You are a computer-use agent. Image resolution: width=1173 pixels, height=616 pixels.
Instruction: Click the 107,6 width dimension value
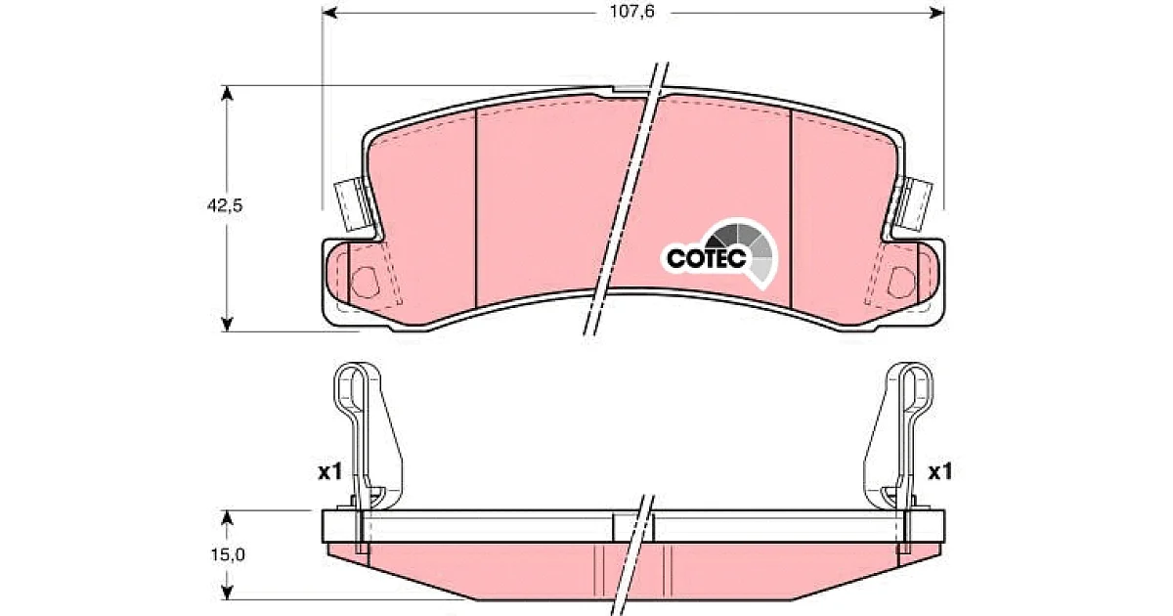point(632,12)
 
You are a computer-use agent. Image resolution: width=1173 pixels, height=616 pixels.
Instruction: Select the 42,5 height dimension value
point(225,206)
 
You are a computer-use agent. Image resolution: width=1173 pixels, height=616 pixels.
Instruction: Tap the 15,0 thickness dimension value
point(228,554)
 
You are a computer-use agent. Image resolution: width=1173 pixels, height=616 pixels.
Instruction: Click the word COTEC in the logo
point(707,258)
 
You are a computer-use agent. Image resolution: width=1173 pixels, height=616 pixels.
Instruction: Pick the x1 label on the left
point(330,472)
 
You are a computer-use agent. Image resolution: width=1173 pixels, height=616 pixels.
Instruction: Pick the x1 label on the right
point(940,472)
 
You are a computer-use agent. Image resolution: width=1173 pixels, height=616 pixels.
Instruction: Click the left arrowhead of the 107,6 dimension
point(330,12)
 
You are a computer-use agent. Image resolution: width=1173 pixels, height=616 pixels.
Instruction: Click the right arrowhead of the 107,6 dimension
point(935,12)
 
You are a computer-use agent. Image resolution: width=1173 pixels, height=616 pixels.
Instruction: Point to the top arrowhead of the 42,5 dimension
point(227,93)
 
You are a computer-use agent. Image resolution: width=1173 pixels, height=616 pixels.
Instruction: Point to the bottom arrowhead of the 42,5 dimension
point(227,324)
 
